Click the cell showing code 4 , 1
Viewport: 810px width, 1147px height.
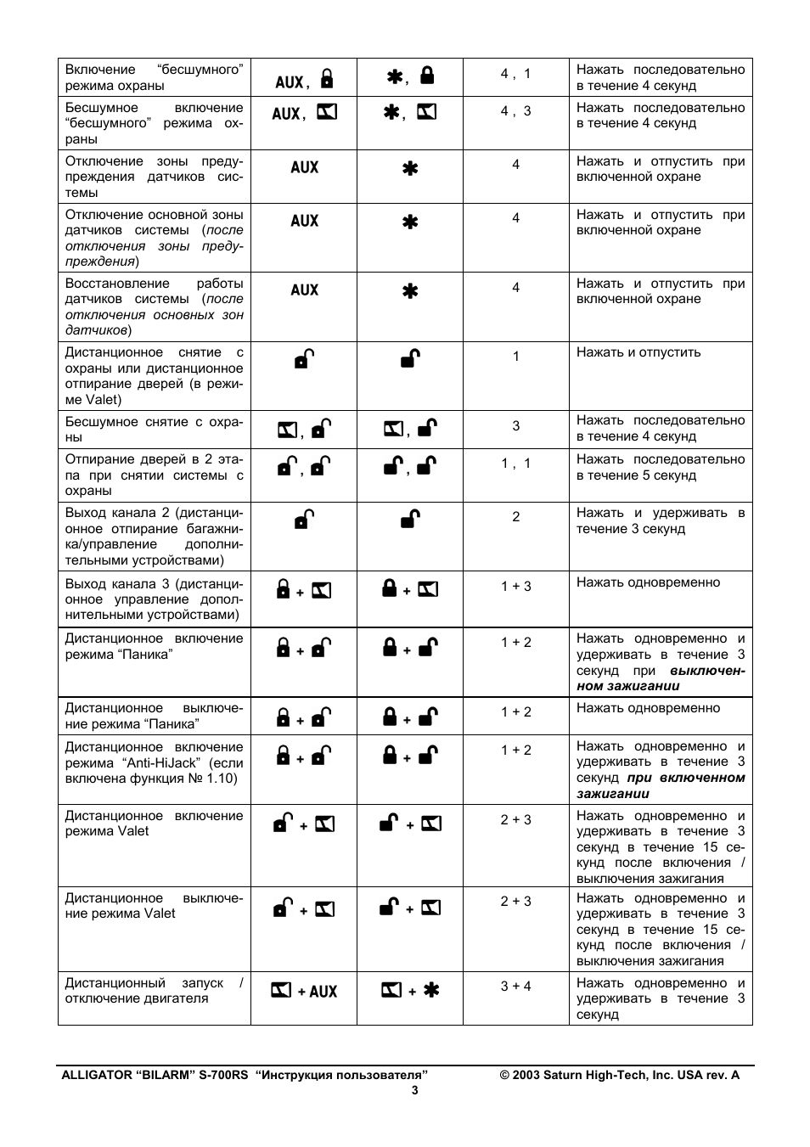515,74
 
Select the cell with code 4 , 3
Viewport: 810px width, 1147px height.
515,111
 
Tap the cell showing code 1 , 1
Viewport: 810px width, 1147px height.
515,464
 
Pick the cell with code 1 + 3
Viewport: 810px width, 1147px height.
515,587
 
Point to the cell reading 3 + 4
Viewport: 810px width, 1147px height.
515,987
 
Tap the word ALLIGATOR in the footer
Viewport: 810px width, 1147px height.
95,1075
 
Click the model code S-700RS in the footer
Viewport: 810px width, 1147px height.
223,1075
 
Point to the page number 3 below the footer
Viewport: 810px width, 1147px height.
415,1091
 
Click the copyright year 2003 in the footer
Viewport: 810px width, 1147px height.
526,1075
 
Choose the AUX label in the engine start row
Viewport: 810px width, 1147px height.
323,992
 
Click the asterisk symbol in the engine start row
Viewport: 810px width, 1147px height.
431,990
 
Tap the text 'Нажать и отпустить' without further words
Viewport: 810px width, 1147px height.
638,352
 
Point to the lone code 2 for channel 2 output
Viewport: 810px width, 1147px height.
515,517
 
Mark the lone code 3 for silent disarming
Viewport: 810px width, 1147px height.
515,426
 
